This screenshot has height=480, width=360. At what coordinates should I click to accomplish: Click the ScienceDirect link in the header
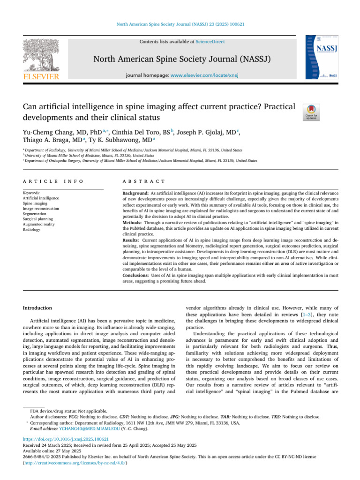coord(210,42)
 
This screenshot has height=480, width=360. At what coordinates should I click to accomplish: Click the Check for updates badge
coord(311,112)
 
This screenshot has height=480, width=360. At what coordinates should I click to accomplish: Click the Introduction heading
coord(38,308)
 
